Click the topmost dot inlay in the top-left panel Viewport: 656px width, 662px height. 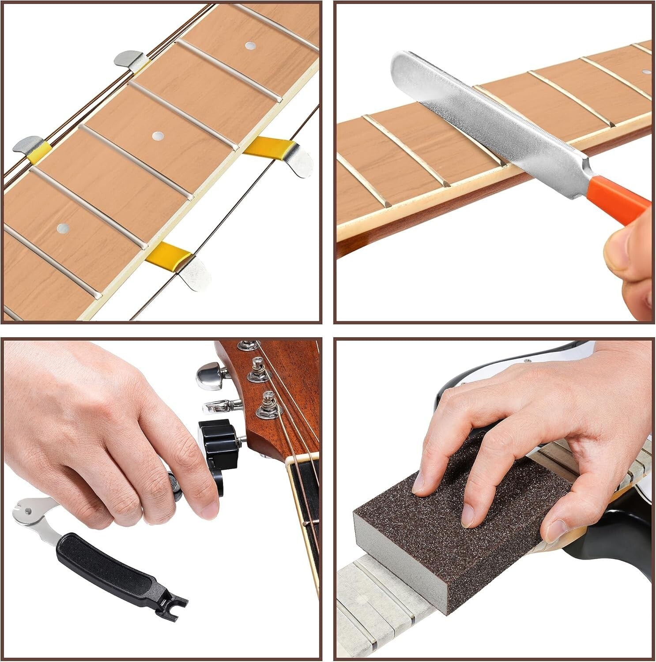pyautogui.click(x=250, y=45)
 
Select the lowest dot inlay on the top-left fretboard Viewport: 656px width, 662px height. pyautogui.click(x=62, y=227)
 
